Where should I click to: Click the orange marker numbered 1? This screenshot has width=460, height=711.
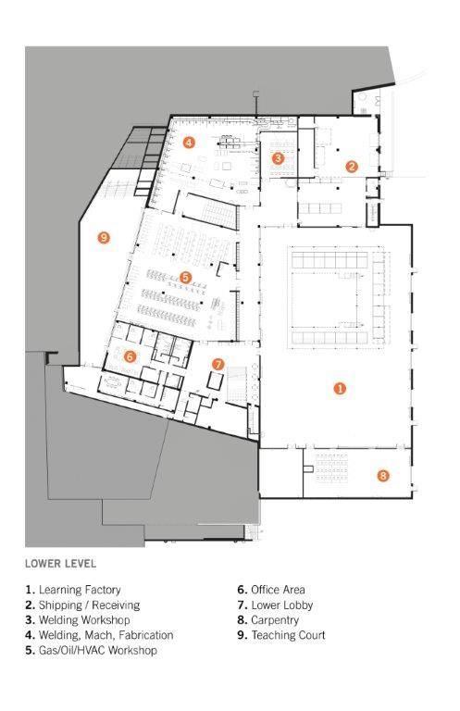pyautogui.click(x=339, y=389)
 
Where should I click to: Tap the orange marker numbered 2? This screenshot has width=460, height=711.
pyautogui.click(x=352, y=167)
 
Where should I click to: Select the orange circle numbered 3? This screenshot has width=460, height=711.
pyautogui.click(x=279, y=158)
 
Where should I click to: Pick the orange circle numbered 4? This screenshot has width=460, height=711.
pyautogui.click(x=189, y=143)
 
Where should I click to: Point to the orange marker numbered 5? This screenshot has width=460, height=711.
pyautogui.click(x=185, y=277)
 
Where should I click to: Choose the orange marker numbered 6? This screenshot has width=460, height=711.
pyautogui.click(x=131, y=355)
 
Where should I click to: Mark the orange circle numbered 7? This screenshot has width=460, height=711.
pyautogui.click(x=218, y=364)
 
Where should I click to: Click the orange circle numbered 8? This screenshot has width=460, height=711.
pyautogui.click(x=382, y=476)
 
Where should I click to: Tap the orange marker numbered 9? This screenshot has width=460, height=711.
pyautogui.click(x=104, y=238)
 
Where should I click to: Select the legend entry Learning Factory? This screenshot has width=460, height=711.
pyautogui.click(x=79, y=590)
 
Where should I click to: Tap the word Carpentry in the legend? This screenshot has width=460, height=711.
pyautogui.click(x=269, y=620)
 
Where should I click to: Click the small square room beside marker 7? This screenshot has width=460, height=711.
pyautogui.click(x=217, y=380)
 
